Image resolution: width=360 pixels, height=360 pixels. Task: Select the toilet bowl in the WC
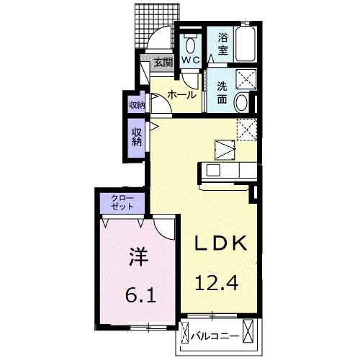click(x=191, y=42)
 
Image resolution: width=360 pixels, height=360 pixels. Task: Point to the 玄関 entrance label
click(x=163, y=63)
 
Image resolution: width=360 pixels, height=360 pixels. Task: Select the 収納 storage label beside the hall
click(x=137, y=105)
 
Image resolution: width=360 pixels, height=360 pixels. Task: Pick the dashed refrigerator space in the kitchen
click(x=247, y=130)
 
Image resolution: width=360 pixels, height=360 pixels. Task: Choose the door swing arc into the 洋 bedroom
click(x=165, y=230)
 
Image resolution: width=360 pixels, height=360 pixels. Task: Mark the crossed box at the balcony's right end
click(x=250, y=332)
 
